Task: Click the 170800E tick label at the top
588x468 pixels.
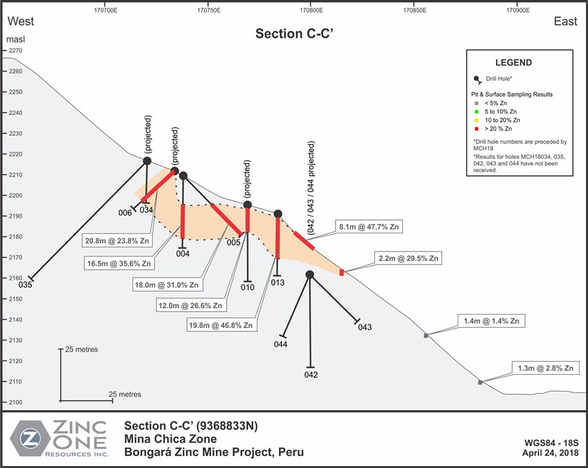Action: click(311, 10)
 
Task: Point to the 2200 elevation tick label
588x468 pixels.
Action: click(15, 195)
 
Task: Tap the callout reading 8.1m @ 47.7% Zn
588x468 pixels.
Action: click(369, 226)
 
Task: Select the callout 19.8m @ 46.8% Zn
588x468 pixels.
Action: click(221, 325)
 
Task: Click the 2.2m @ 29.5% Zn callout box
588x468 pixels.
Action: click(408, 258)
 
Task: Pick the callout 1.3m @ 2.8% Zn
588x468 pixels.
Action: click(546, 369)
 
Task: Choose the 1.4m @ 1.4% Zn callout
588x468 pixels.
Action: click(491, 321)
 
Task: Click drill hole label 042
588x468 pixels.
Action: click(311, 375)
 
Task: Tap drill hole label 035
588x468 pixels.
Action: click(25, 284)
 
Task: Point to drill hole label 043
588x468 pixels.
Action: click(364, 327)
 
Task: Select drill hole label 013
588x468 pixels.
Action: click(278, 283)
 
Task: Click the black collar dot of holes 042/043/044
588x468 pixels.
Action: click(310, 275)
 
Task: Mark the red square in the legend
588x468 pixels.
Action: click(477, 129)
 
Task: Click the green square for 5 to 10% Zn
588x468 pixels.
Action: click(477, 111)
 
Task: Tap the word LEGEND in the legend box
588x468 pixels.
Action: click(514, 62)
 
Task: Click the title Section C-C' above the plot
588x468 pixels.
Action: click(294, 34)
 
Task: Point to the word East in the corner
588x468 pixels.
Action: click(566, 22)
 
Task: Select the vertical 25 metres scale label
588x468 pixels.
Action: click(81, 349)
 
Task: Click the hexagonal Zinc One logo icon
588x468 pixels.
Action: click(30, 438)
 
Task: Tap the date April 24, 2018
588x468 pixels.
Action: click(550, 453)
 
